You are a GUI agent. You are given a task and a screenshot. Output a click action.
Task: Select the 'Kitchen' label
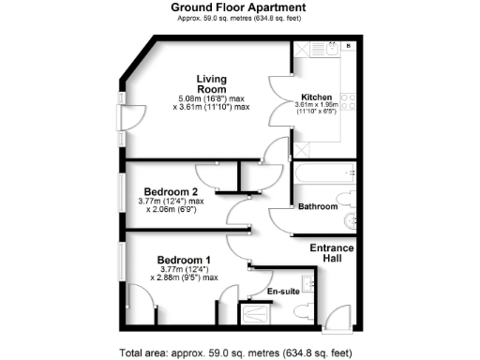[x=318, y=96]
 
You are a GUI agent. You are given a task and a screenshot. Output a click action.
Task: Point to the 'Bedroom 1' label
[x=184, y=259]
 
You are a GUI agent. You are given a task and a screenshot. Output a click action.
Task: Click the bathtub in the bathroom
[x=322, y=175]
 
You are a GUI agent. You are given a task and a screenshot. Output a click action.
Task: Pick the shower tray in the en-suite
[x=260, y=315]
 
